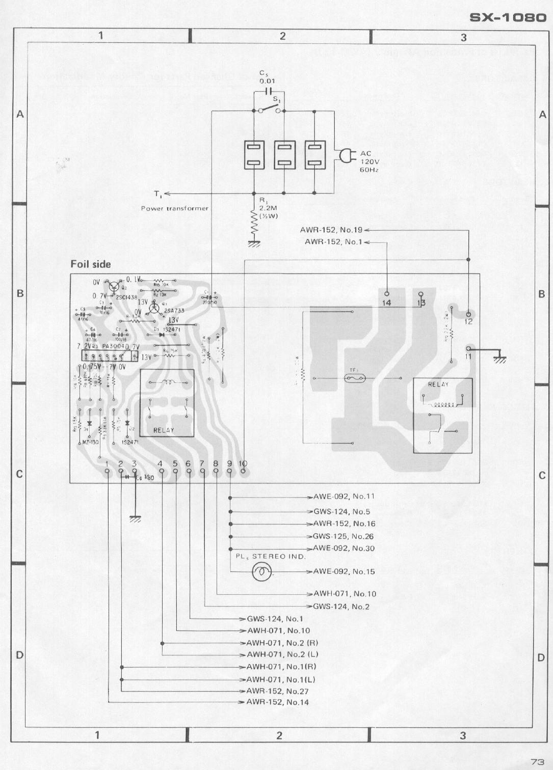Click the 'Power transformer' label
click(x=174, y=208)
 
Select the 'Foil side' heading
click(x=91, y=264)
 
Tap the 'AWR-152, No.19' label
click(x=331, y=230)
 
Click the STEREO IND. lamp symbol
click(x=262, y=571)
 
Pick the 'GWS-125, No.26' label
click(x=344, y=536)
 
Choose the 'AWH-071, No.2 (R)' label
click(x=282, y=643)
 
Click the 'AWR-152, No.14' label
click(x=277, y=702)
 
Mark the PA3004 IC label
click(x=113, y=346)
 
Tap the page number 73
click(x=537, y=762)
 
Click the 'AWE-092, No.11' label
click(x=344, y=496)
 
